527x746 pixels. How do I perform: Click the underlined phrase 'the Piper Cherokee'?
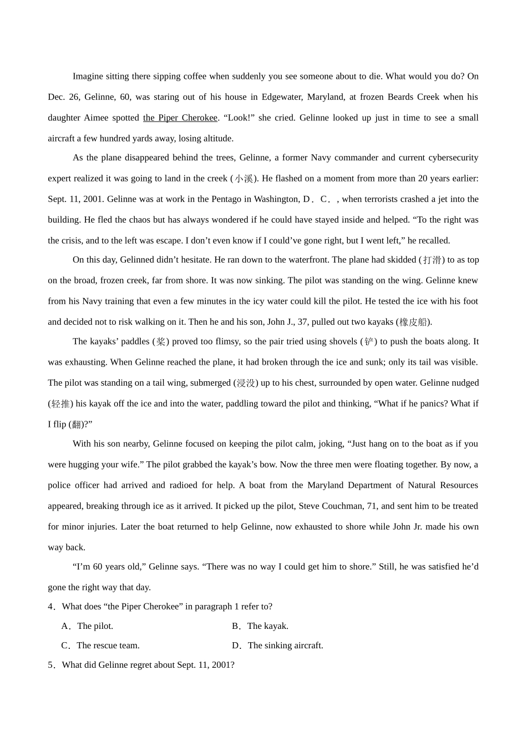(x=180, y=118)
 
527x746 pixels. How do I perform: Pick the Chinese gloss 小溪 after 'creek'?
(x=244, y=179)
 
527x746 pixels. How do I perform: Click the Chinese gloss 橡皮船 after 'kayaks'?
(x=413, y=322)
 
